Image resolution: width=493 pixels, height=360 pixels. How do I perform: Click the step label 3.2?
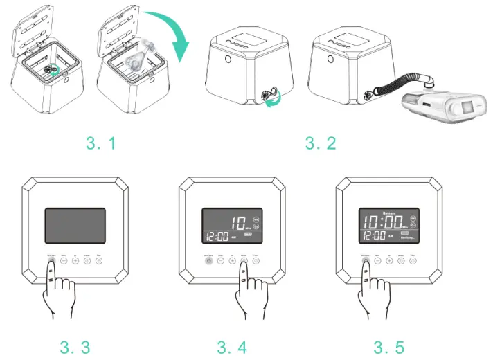click(x=320, y=143)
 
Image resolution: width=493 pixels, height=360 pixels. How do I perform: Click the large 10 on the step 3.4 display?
click(x=239, y=223)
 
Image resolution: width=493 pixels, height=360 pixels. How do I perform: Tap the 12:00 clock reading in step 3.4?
click(x=219, y=237)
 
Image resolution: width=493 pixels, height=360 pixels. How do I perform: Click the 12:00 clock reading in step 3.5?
click(x=375, y=237)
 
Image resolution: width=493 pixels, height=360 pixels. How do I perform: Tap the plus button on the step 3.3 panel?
click(x=75, y=262)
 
